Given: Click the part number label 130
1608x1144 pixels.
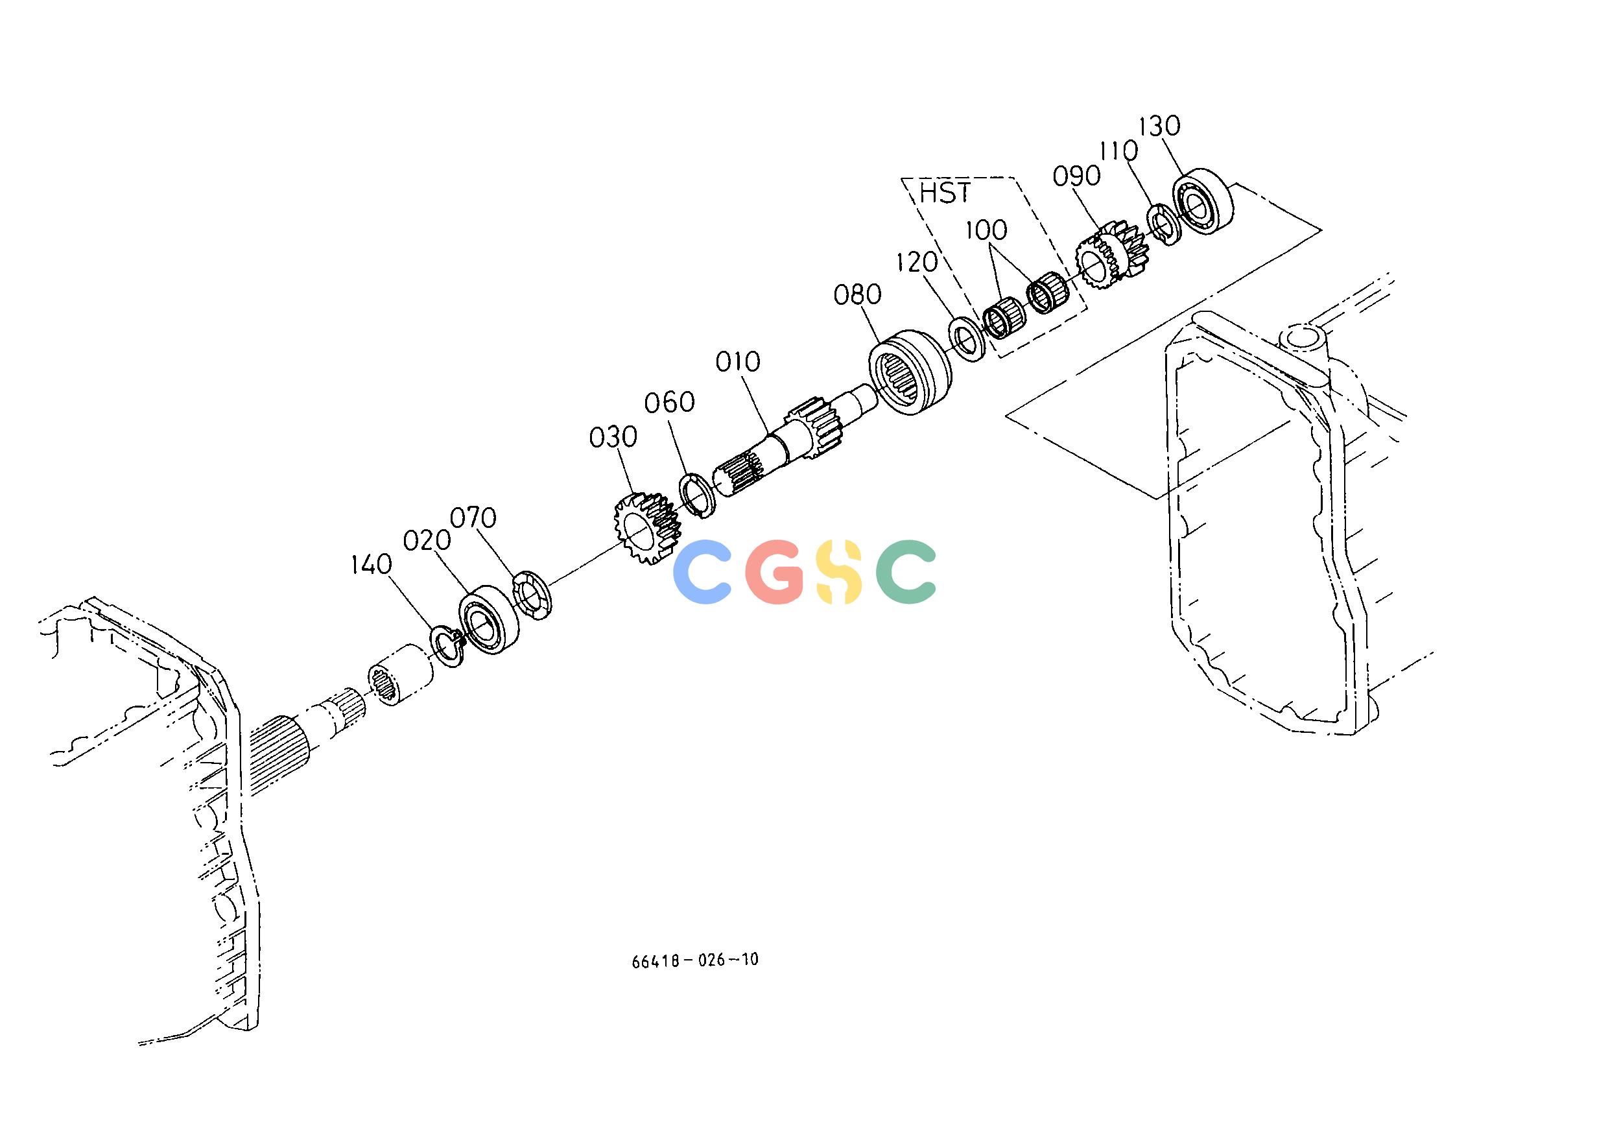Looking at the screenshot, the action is [1159, 127].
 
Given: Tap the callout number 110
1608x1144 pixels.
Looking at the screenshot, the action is [1119, 150].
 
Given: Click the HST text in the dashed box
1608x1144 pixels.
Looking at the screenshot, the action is [945, 193].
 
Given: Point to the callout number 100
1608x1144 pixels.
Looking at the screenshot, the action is [986, 230].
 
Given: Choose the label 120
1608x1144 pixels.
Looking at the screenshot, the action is [917, 263].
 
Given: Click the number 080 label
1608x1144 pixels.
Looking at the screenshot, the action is [857, 294].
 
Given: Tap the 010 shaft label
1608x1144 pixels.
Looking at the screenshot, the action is [738, 362].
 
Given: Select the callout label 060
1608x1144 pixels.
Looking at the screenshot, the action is [670, 403].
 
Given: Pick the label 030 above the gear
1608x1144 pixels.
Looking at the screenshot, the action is [613, 438].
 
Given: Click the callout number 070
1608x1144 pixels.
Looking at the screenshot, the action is [473, 518].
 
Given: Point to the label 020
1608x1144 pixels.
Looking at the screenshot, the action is [427, 541].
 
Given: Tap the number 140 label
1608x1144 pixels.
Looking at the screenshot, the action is [371, 564].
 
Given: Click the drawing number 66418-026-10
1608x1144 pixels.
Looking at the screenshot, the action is [695, 960].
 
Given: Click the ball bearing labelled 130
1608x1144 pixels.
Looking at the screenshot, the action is [1203, 199].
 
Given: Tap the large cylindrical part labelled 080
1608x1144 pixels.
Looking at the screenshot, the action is [908, 373].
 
